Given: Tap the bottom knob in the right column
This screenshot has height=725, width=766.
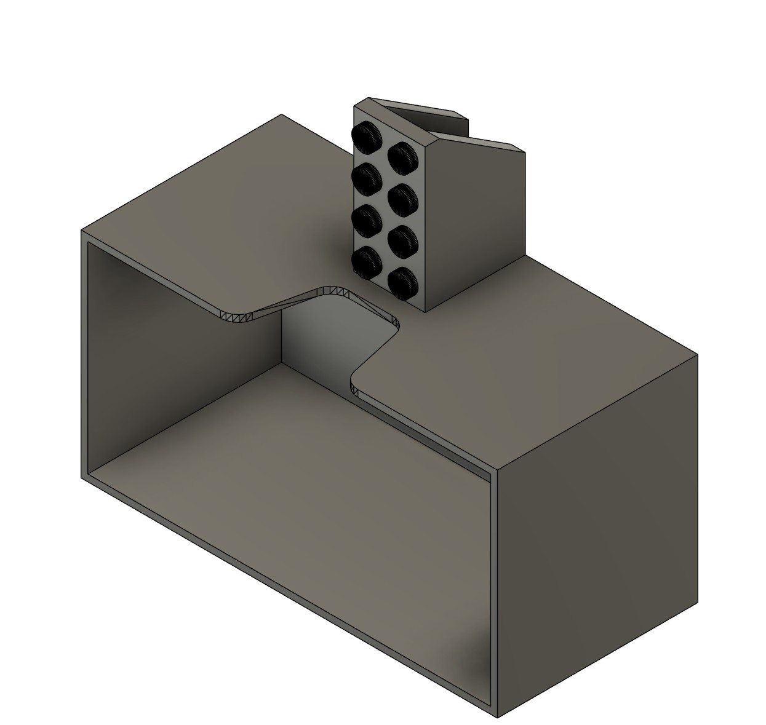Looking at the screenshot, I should (x=404, y=282).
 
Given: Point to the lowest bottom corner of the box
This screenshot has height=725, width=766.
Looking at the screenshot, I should (x=497, y=717).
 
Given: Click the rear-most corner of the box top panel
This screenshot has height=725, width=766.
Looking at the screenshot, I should (x=282, y=115).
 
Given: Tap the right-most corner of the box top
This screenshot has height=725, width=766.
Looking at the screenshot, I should (x=697, y=355).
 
